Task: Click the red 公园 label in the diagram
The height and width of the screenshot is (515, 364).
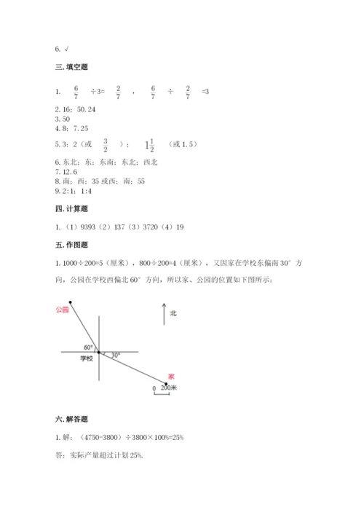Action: (61, 310)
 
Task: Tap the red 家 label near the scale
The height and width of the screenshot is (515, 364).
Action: (171, 375)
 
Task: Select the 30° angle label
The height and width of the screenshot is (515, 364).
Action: (115, 355)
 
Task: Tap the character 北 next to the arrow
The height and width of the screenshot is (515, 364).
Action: (173, 314)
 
